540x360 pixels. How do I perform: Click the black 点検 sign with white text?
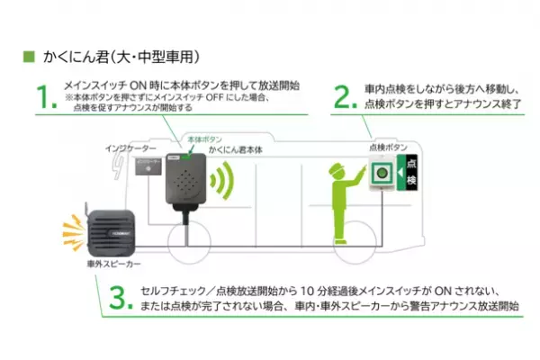pos(411,176)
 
